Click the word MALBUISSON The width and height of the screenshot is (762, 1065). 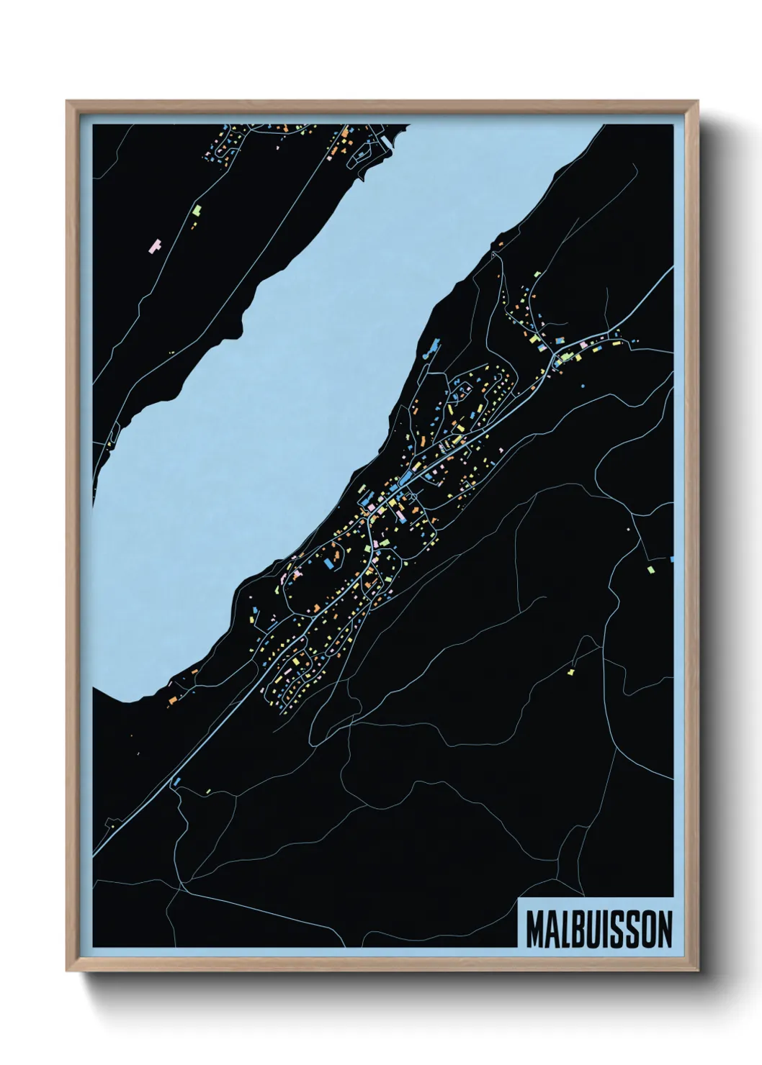click(599, 929)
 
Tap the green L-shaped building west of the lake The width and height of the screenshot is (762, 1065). click(197, 211)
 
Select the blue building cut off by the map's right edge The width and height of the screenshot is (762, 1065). click(671, 558)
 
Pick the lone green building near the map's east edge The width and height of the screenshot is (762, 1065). click(651, 569)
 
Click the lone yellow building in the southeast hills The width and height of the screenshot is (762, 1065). click(571, 671)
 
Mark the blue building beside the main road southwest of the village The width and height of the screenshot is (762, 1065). click(175, 780)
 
